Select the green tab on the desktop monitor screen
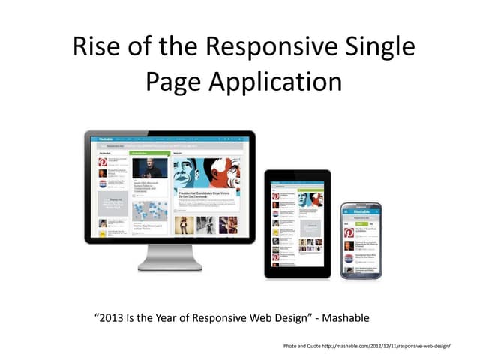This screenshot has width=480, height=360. (x=149, y=152)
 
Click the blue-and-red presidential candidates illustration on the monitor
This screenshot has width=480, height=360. (x=208, y=174)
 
